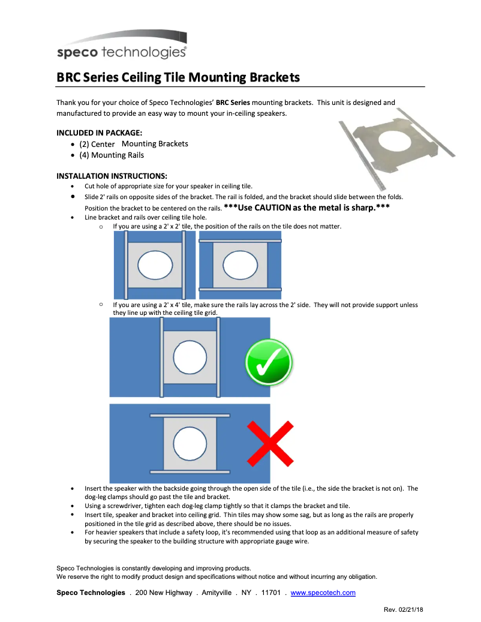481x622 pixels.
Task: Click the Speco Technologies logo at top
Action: [121, 45]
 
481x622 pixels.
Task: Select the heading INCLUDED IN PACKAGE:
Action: [99, 133]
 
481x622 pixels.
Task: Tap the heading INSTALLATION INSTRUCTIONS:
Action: [112, 176]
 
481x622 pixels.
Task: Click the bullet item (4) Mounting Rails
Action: [112, 155]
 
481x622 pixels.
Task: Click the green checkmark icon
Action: [269, 362]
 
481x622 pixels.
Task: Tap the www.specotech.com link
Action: [323, 593]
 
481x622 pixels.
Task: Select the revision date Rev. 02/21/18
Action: [403, 610]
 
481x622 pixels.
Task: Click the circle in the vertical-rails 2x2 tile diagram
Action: [155, 265]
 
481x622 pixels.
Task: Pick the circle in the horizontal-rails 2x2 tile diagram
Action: [240, 265]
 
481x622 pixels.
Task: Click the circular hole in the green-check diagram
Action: [190, 357]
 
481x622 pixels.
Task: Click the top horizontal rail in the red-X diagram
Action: [190, 415]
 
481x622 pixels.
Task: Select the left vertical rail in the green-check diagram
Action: [161, 357]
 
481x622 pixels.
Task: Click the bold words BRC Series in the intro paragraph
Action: [233, 103]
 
